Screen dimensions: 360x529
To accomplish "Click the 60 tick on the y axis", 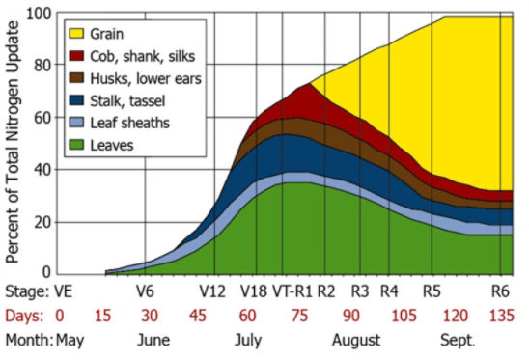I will point(41,118).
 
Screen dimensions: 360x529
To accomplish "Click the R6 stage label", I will point(500,291).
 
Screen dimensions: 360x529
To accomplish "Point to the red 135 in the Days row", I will point(500,315).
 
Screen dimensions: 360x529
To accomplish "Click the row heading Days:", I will point(24,315).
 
